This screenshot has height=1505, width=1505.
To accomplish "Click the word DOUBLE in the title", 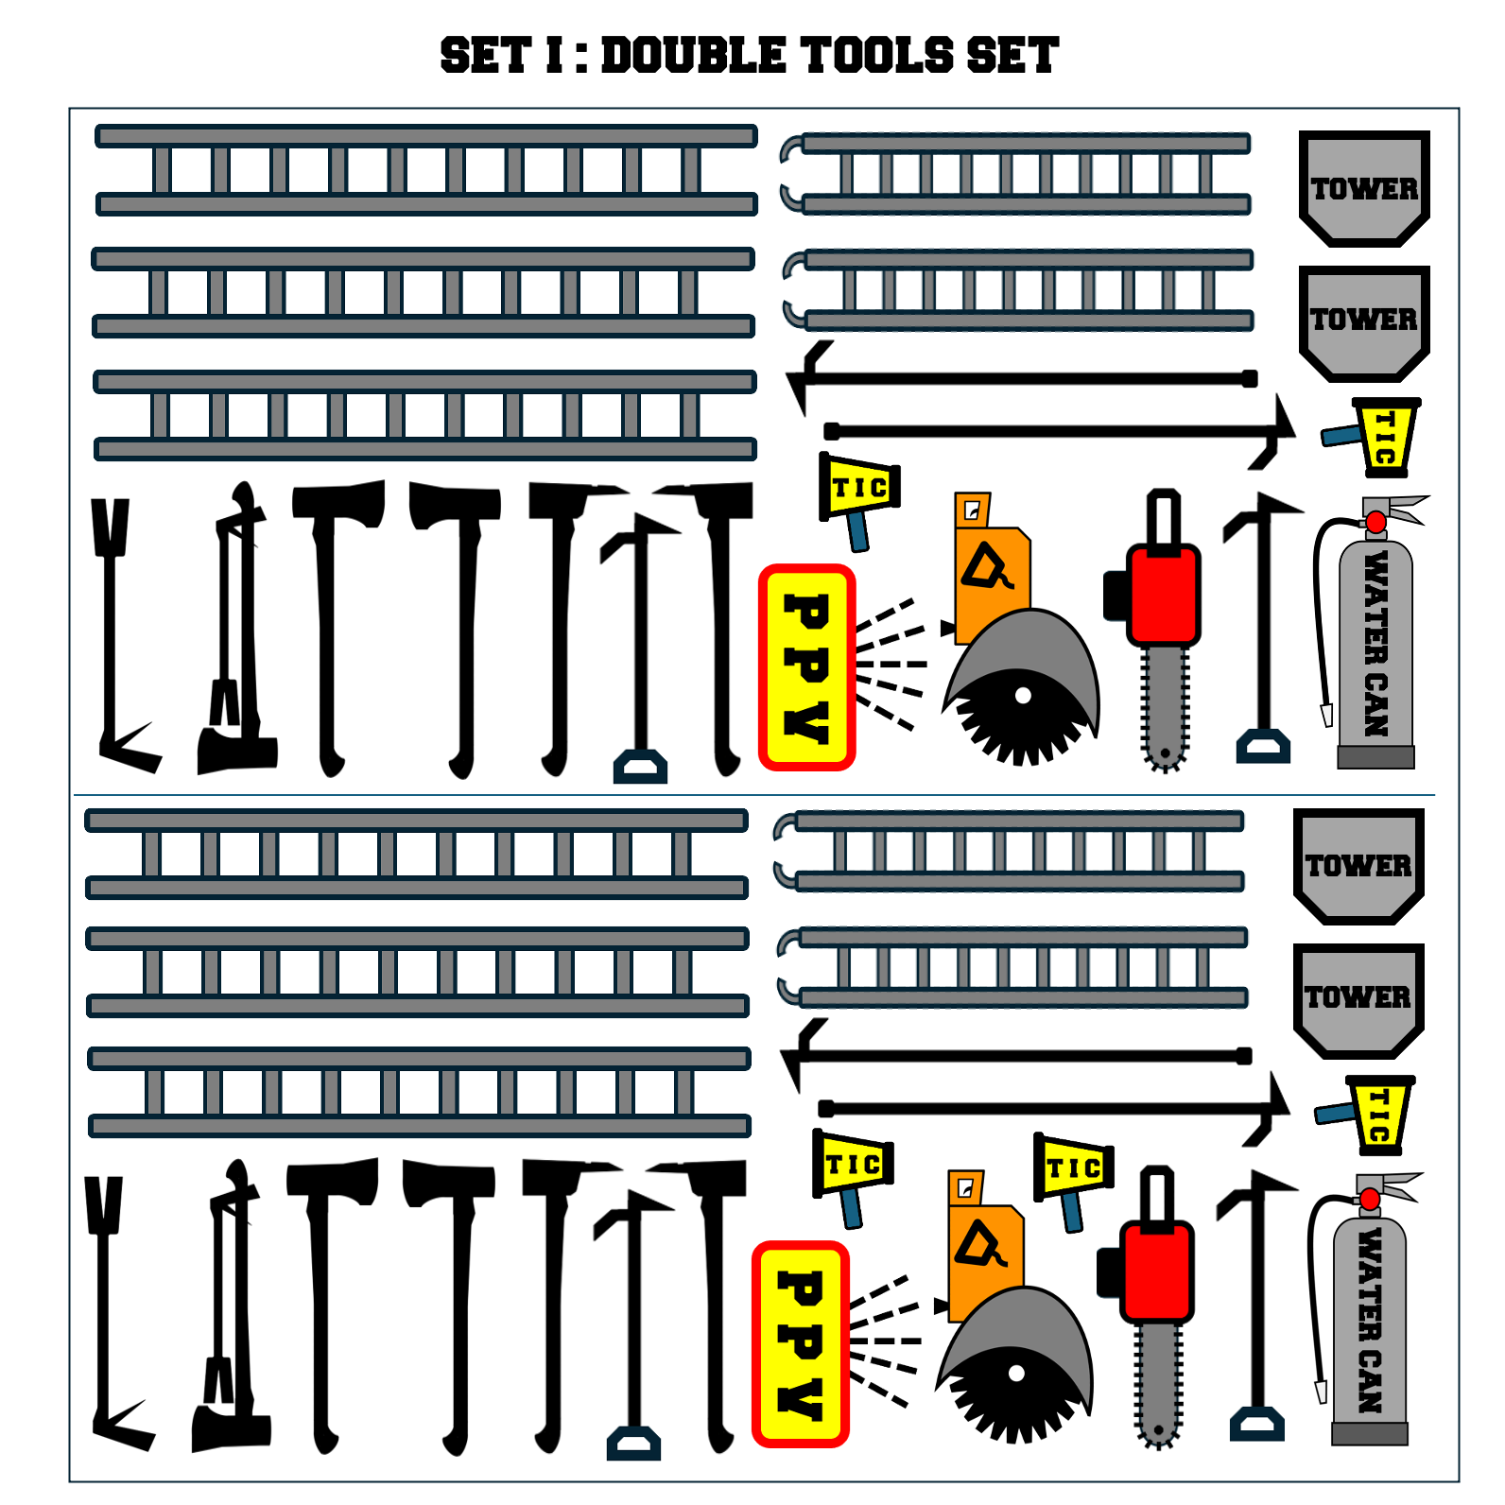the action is pyautogui.click(x=693, y=56).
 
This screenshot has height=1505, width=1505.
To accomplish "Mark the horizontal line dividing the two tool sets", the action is pyautogui.click(x=754, y=795).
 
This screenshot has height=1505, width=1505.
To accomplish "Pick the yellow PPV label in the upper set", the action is pyautogui.click(x=807, y=667).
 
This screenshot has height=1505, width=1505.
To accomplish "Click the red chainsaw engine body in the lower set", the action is pyautogui.click(x=1157, y=1271).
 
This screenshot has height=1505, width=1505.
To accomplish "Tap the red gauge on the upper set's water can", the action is pyautogui.click(x=1375, y=522).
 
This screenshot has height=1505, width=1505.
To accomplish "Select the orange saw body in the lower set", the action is pyautogui.click(x=985, y=1248).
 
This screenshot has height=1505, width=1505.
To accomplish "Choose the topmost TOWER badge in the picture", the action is pyautogui.click(x=1364, y=189).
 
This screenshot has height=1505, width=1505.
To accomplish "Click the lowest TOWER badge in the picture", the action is pyautogui.click(x=1358, y=1000).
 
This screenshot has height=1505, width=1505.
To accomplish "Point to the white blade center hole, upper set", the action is pyautogui.click(x=1023, y=696).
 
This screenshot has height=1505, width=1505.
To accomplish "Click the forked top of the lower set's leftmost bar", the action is pyautogui.click(x=104, y=1204).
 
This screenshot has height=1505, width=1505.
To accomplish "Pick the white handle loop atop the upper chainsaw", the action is pyautogui.click(x=1164, y=519).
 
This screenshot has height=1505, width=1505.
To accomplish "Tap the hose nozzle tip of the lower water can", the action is pyautogui.click(x=1322, y=1393).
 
